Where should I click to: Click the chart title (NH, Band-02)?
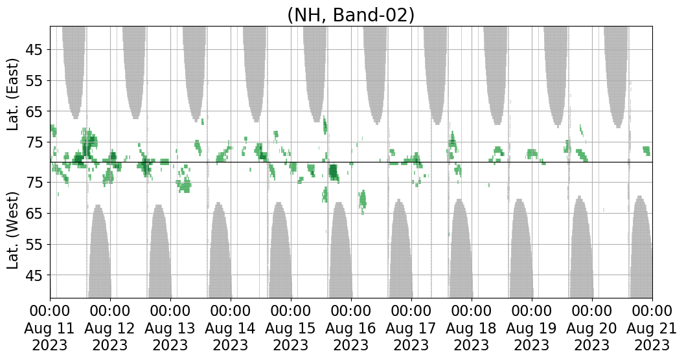350,14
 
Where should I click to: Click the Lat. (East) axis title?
14,95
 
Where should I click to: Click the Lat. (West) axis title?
14,231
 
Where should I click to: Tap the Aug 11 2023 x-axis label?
50,328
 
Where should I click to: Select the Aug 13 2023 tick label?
170,328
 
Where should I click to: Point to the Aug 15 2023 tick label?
291,328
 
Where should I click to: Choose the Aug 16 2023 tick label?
351,328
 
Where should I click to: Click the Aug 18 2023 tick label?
472,328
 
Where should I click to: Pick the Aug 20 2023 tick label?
592,328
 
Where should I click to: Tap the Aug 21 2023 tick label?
652,328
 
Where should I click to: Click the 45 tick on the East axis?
34,50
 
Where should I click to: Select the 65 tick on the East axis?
34,111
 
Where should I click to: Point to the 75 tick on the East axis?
34,142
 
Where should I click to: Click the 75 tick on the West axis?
34,183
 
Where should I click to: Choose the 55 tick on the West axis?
34,245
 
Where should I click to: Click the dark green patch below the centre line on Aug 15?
333,172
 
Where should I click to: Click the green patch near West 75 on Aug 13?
185,186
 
